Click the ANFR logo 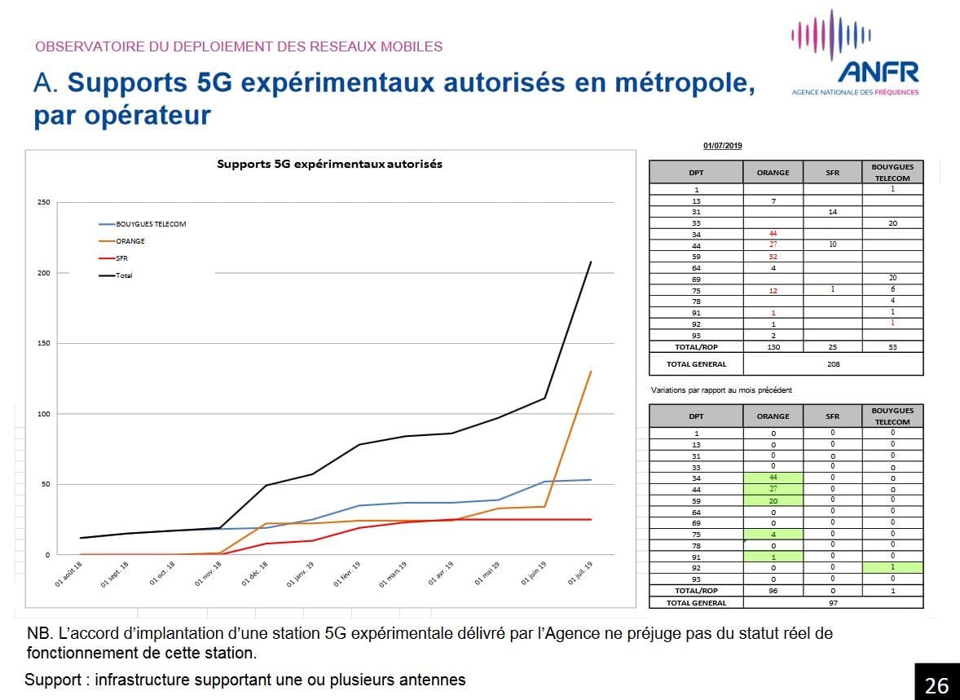point(855,54)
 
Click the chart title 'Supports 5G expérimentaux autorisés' point(329,164)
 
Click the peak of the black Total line point(591,262)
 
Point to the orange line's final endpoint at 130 point(591,372)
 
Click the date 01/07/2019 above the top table point(722,146)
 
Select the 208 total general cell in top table point(833,364)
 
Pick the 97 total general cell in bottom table point(833,603)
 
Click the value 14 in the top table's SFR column point(832,212)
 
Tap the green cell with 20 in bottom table point(773,500)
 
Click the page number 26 point(936,685)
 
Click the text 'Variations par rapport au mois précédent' point(721,390)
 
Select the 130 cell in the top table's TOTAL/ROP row point(773,347)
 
